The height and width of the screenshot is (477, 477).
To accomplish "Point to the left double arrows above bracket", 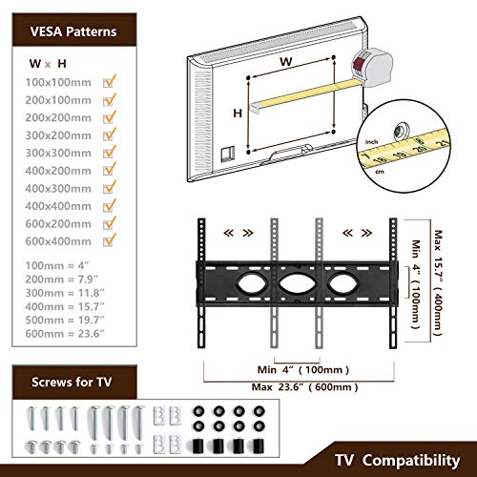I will click(231, 233).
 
